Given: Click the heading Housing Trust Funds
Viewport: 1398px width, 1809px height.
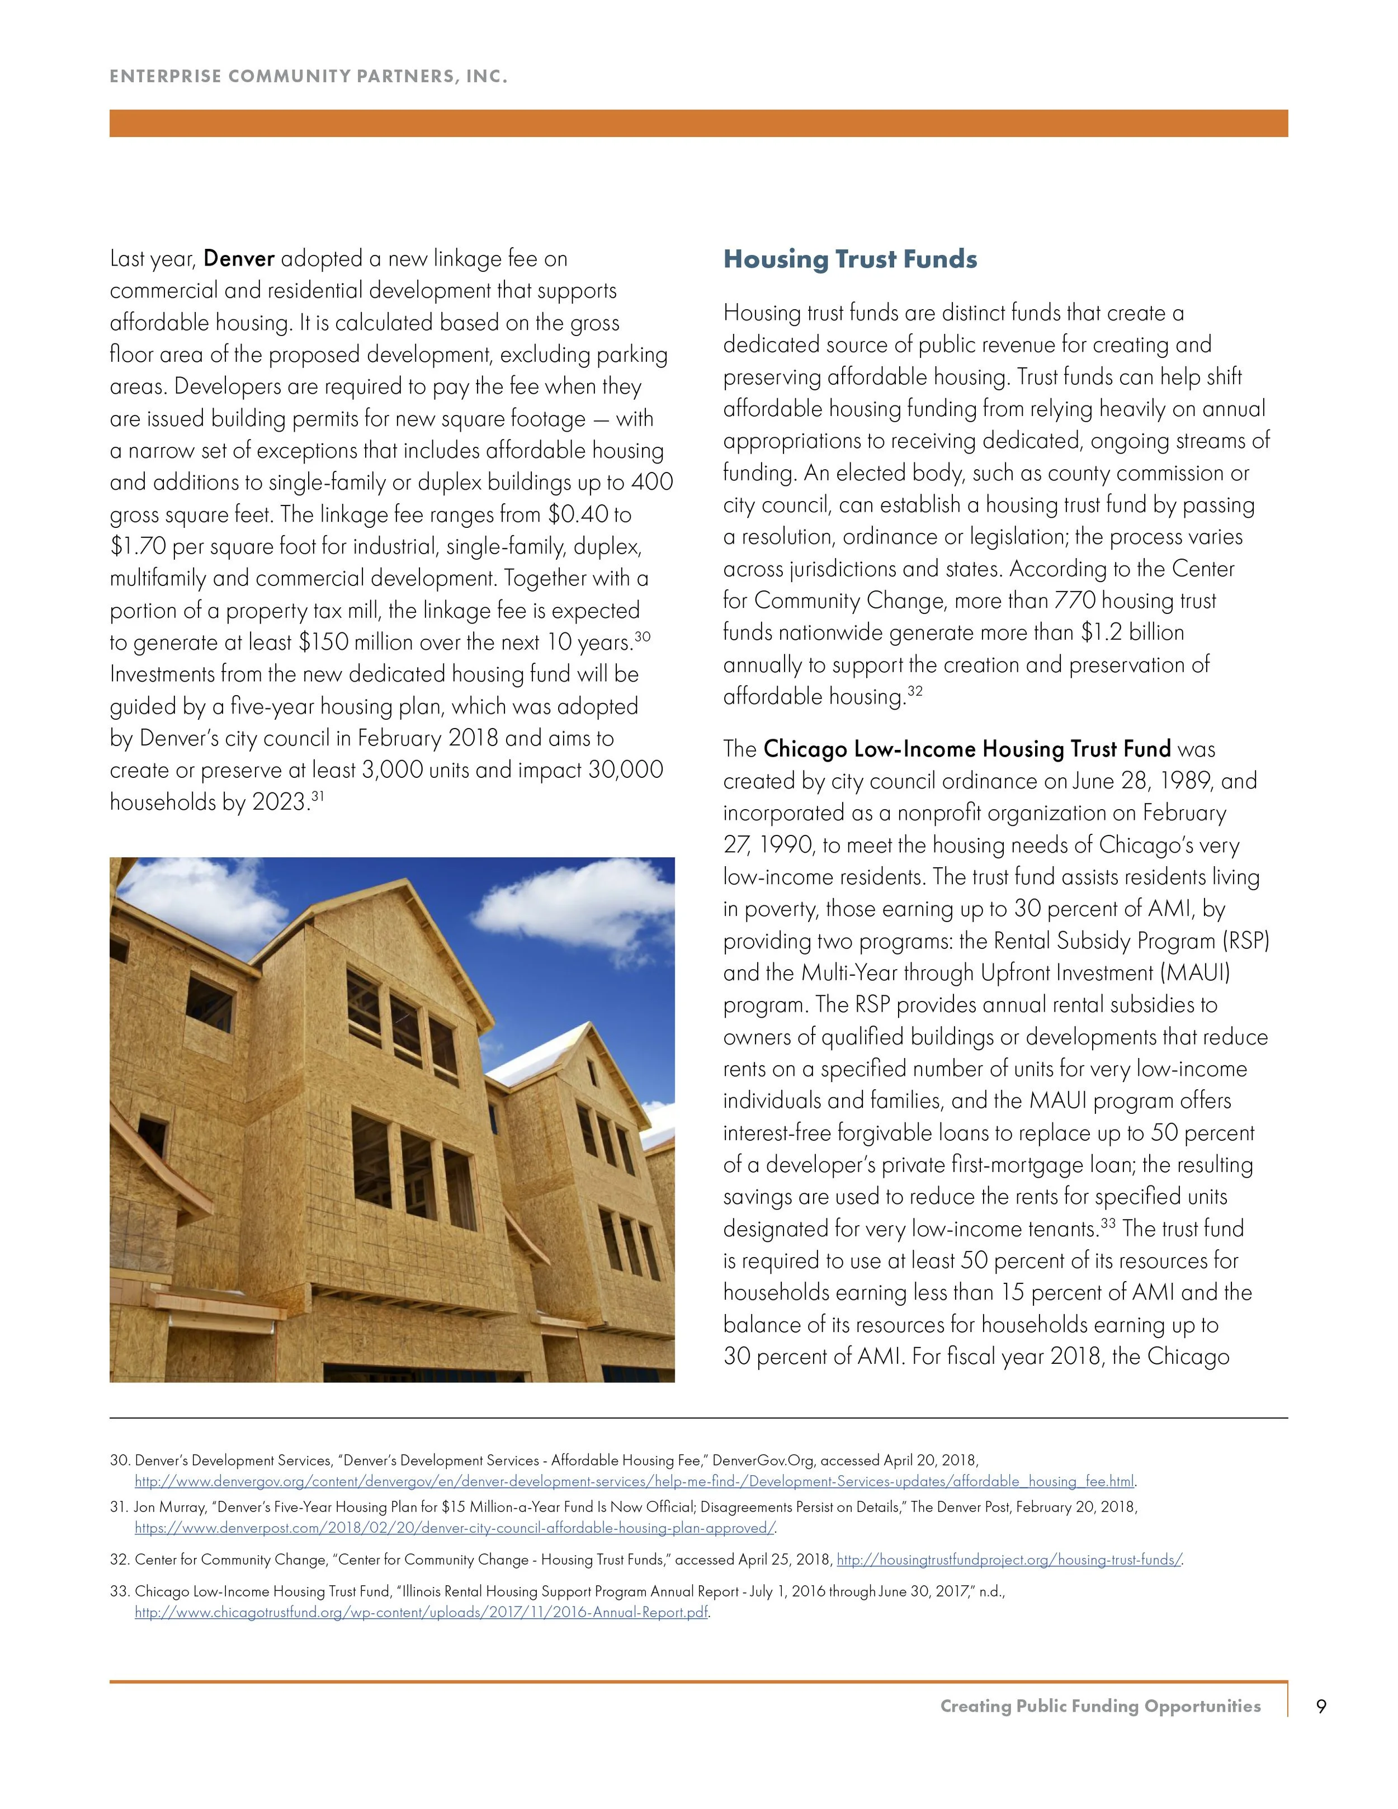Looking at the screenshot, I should [x=850, y=259].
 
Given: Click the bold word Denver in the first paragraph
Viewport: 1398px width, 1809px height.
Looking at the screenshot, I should [x=239, y=258].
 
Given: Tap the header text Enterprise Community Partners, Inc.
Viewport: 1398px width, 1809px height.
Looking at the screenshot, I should [x=308, y=77].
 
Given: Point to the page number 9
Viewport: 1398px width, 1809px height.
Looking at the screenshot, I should [x=1321, y=1706].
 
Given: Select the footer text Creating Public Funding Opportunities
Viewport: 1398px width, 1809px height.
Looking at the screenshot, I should [x=1100, y=1706].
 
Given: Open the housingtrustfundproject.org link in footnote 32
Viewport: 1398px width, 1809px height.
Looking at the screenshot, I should [x=1009, y=1560].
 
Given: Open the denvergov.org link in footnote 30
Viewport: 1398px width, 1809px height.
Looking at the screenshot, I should [x=634, y=1481].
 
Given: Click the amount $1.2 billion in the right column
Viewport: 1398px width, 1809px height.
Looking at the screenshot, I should [x=1132, y=633].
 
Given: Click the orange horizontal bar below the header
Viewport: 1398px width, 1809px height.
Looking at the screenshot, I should [x=698, y=124].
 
